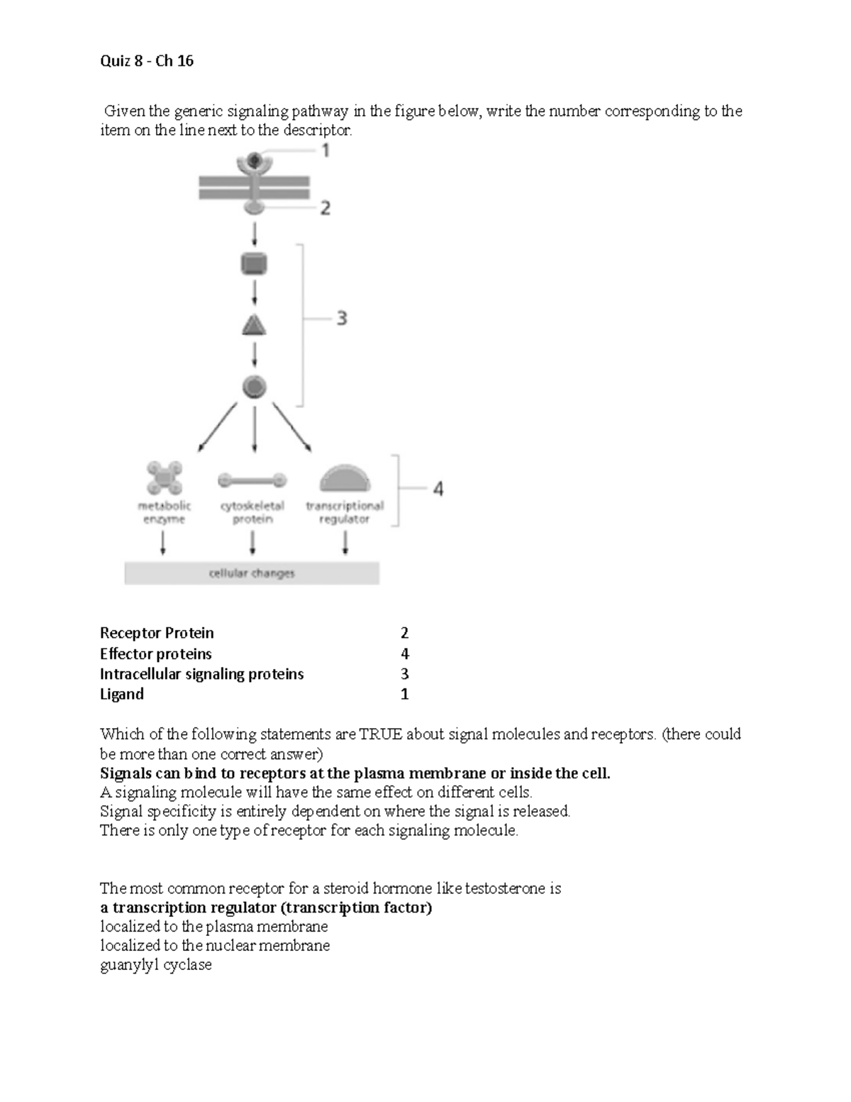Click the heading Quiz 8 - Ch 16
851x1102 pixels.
pos(147,61)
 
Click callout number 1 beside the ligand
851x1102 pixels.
pos(326,150)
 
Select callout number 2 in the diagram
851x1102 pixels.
pos(326,208)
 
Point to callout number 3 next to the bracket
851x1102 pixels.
pos(342,319)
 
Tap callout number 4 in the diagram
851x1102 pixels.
pos(438,489)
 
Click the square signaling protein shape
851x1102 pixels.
pos(254,265)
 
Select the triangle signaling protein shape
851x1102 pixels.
pos(254,326)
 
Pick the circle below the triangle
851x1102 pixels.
pos(254,387)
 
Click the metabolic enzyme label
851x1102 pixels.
pos(164,512)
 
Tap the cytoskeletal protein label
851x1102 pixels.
pos(252,512)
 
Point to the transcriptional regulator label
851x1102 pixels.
pos(345,512)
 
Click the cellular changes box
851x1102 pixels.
pos(252,573)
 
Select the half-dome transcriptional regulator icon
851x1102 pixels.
pos(345,479)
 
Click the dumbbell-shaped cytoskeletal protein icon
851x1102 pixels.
pos(252,480)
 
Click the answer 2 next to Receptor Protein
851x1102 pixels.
pos(404,633)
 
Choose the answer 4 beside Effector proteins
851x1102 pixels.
pos(404,654)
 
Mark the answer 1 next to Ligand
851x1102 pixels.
pos(404,694)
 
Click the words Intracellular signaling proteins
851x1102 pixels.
pos(201,674)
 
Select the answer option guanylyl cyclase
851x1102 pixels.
pos(156,965)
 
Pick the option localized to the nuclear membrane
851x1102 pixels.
pos(215,946)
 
